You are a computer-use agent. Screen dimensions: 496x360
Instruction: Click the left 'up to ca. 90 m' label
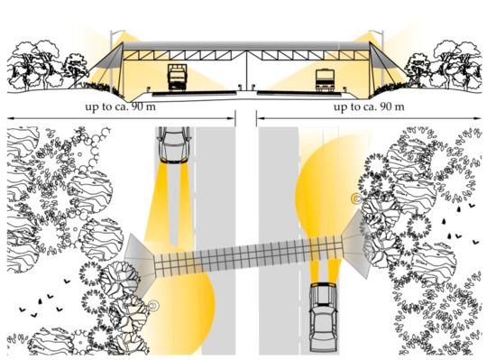(x=120, y=106)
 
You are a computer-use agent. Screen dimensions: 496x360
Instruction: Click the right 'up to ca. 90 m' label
(x=369, y=106)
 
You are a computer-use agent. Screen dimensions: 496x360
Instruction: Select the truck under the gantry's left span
(x=177, y=78)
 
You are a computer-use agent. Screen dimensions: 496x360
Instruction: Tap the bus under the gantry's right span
(x=325, y=80)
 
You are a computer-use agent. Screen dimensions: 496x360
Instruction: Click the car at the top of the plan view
(x=174, y=145)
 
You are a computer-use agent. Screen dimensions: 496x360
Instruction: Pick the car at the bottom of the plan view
(x=323, y=318)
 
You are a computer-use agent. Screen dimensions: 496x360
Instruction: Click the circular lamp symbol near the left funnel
(x=153, y=306)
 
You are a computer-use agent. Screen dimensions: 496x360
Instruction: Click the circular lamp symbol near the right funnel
(x=356, y=198)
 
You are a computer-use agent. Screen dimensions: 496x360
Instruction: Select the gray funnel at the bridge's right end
(x=357, y=244)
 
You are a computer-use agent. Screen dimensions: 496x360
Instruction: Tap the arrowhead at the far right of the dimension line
(x=477, y=118)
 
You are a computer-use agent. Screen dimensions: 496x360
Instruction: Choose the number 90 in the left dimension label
(x=137, y=106)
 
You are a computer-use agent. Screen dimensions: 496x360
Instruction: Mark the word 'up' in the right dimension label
(x=340, y=107)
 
